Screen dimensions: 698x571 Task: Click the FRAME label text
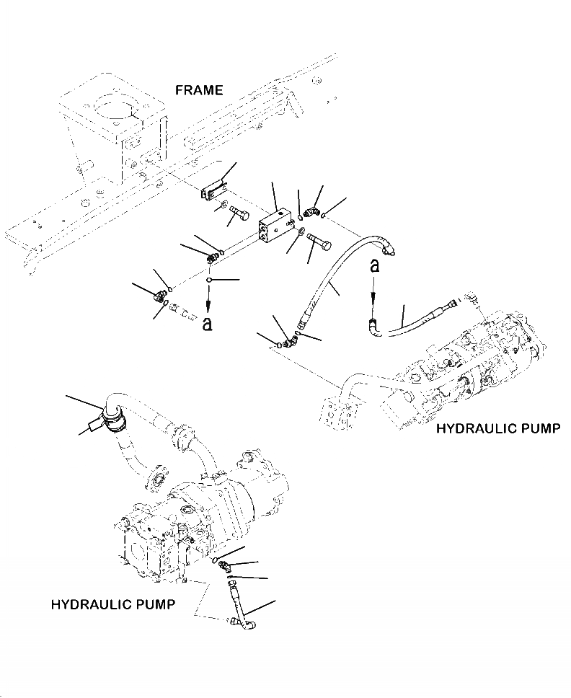pos(199,90)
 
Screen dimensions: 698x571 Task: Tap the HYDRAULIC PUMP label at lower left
pos(112,604)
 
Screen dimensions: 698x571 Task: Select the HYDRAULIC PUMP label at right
pos(498,430)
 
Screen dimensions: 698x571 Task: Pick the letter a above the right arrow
pos(374,265)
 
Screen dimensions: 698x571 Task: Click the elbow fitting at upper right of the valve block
pos(311,212)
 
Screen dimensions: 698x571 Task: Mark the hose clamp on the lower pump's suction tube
pos(111,416)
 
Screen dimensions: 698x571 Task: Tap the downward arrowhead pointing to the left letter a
pos(208,306)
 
